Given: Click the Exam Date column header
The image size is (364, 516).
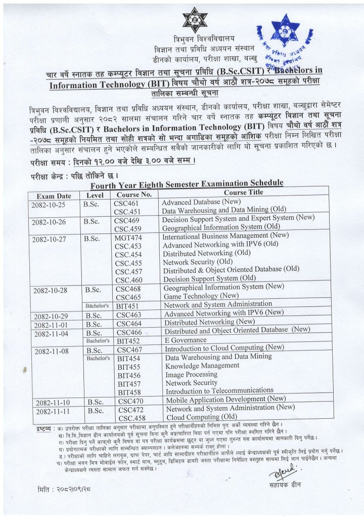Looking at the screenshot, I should pos(54,196).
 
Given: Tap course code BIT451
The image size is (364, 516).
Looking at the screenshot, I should pos(128,306).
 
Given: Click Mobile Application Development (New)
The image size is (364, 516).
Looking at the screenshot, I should pos(225,399).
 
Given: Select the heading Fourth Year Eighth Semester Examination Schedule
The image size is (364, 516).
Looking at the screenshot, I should pos(187,183).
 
